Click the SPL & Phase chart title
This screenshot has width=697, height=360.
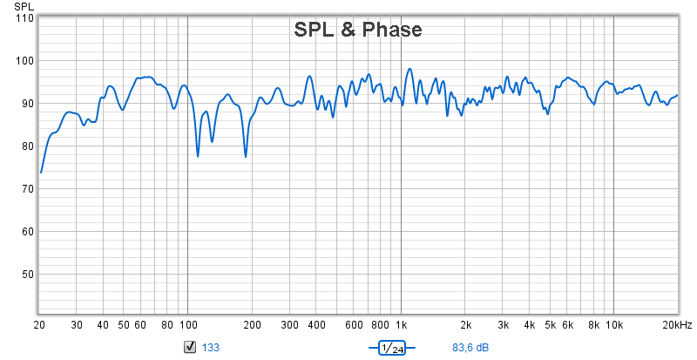click(x=358, y=30)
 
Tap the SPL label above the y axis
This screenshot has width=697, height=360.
click(x=24, y=6)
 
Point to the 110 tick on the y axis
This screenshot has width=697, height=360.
click(x=24, y=18)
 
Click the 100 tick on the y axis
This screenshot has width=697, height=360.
click(x=24, y=60)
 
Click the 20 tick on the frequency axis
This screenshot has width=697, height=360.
click(x=39, y=325)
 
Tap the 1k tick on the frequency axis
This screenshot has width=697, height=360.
click(x=402, y=325)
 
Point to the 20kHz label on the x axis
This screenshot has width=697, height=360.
click(x=678, y=325)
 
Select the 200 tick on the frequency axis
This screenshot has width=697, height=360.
click(x=252, y=325)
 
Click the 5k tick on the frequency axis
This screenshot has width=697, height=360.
click(x=551, y=325)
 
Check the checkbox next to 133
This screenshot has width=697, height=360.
click(x=190, y=347)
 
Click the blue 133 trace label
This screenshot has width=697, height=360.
click(x=211, y=347)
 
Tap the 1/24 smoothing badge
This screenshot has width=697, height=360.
click(x=392, y=348)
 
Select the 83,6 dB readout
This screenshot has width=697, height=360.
click(x=470, y=347)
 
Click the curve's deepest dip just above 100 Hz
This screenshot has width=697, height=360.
click(x=198, y=156)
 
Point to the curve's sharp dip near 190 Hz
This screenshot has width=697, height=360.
click(x=246, y=157)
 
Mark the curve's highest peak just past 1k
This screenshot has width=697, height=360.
click(x=409, y=69)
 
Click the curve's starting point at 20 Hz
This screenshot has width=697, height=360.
click(x=41, y=173)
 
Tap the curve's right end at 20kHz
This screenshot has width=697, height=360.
click(x=677, y=95)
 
